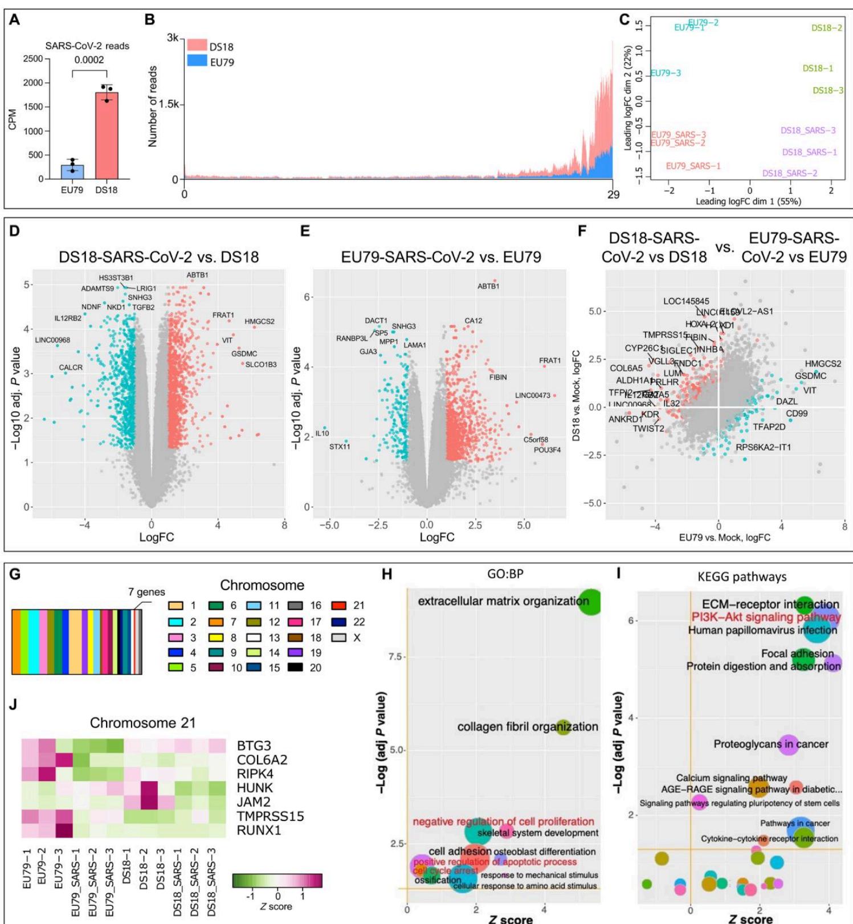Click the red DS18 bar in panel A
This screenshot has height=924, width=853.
pyautogui.click(x=107, y=137)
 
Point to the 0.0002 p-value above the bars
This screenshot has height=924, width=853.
pyautogui.click(x=89, y=60)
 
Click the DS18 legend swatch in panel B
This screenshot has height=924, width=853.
pyautogui.click(x=197, y=45)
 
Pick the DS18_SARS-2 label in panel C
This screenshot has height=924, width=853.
pyautogui.click(x=790, y=173)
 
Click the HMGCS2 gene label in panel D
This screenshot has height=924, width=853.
pyautogui.click(x=259, y=322)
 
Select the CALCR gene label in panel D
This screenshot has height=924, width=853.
pyautogui.click(x=71, y=367)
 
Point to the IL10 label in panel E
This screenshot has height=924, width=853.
pyautogui.click(x=322, y=434)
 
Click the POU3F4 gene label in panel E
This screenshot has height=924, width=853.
pyautogui.click(x=547, y=450)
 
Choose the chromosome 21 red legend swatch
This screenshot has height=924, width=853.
pyautogui.click(x=340, y=606)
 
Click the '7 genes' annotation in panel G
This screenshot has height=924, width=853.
pyautogui.click(x=146, y=592)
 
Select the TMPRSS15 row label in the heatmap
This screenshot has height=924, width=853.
pyautogui.click(x=270, y=816)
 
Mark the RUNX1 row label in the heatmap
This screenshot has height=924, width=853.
pyautogui.click(x=259, y=831)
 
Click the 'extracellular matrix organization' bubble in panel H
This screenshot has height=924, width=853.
pyautogui.click(x=591, y=602)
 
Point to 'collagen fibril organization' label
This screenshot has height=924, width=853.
pyautogui.click(x=528, y=727)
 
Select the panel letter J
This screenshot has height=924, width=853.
pyautogui.click(x=13, y=704)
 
